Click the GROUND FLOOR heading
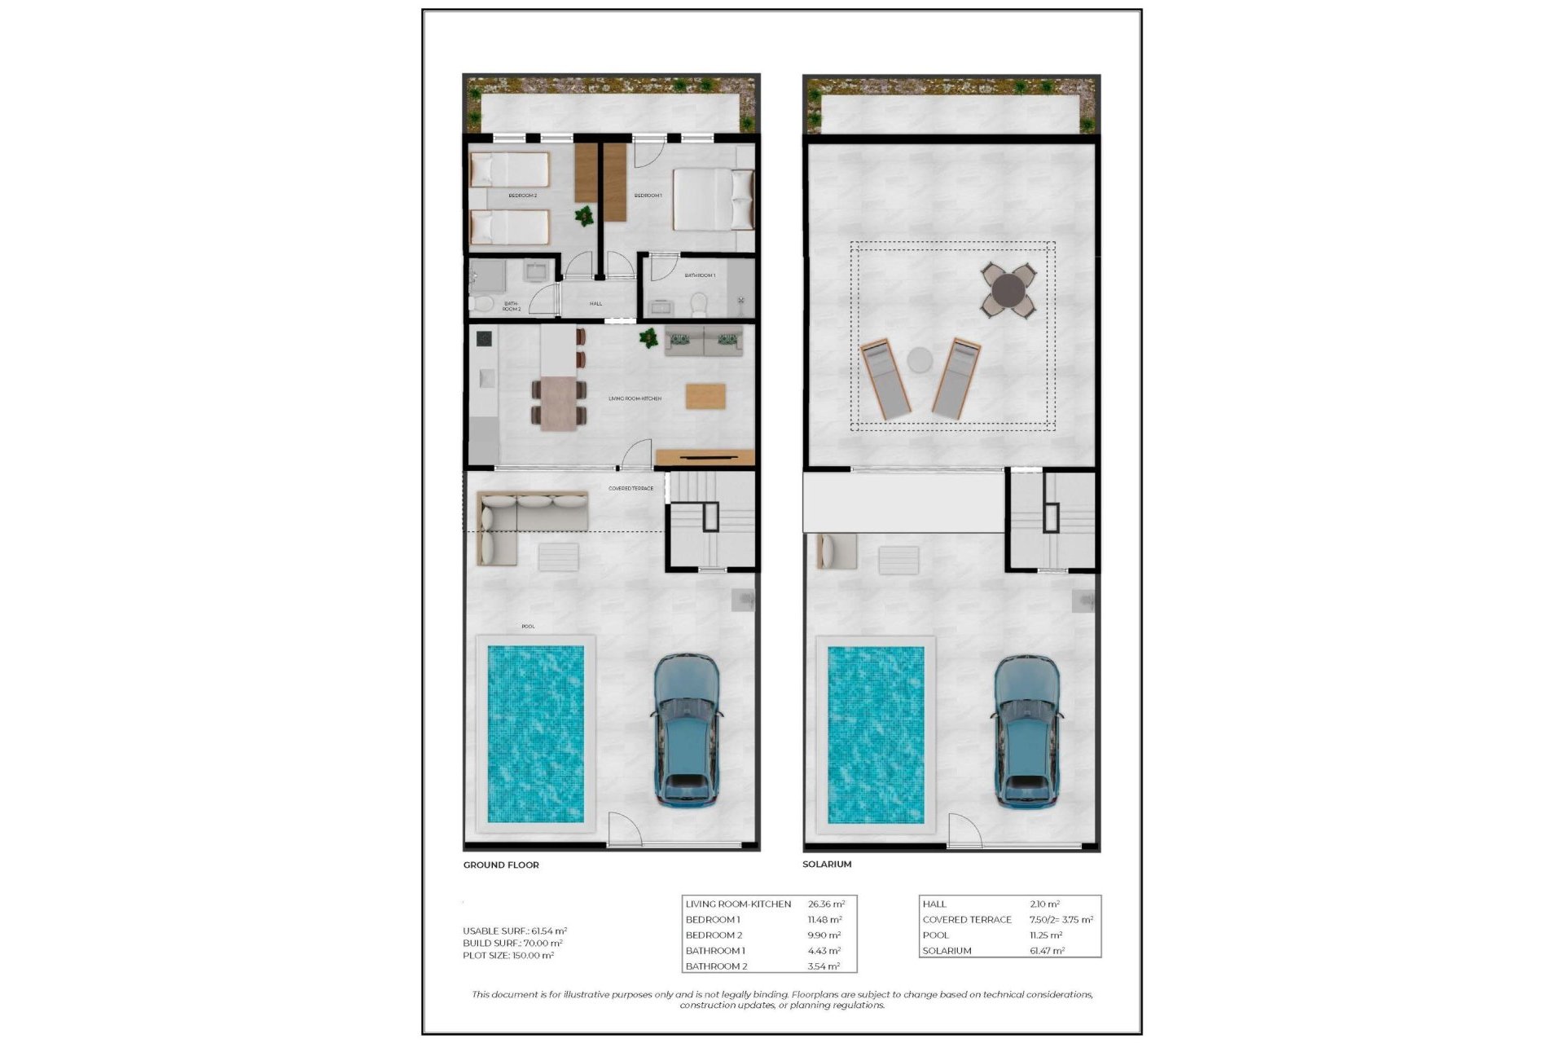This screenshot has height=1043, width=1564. (x=501, y=865)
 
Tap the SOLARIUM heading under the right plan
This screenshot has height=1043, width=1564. (x=827, y=864)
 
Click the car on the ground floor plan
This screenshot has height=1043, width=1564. (x=687, y=730)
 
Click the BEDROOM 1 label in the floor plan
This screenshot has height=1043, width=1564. (x=648, y=196)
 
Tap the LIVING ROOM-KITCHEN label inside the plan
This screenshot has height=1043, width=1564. (x=635, y=398)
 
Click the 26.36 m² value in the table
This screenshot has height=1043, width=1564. (x=826, y=904)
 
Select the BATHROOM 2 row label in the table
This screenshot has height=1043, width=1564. (x=716, y=966)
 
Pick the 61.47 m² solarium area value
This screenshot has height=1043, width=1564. (x=1047, y=951)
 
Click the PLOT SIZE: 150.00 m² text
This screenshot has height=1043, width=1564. (x=508, y=955)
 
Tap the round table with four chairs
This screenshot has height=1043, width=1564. (x=1008, y=290)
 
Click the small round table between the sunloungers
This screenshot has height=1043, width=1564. (x=920, y=360)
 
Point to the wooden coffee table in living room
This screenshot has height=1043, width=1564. (x=705, y=396)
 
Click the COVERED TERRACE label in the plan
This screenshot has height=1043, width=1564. (x=630, y=488)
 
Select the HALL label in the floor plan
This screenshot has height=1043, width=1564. (x=595, y=303)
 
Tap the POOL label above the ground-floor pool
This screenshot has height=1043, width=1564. (x=528, y=626)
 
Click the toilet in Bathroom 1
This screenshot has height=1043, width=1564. (x=698, y=305)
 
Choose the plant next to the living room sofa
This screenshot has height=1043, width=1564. (x=649, y=337)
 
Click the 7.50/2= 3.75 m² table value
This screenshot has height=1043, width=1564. (x=1061, y=919)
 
